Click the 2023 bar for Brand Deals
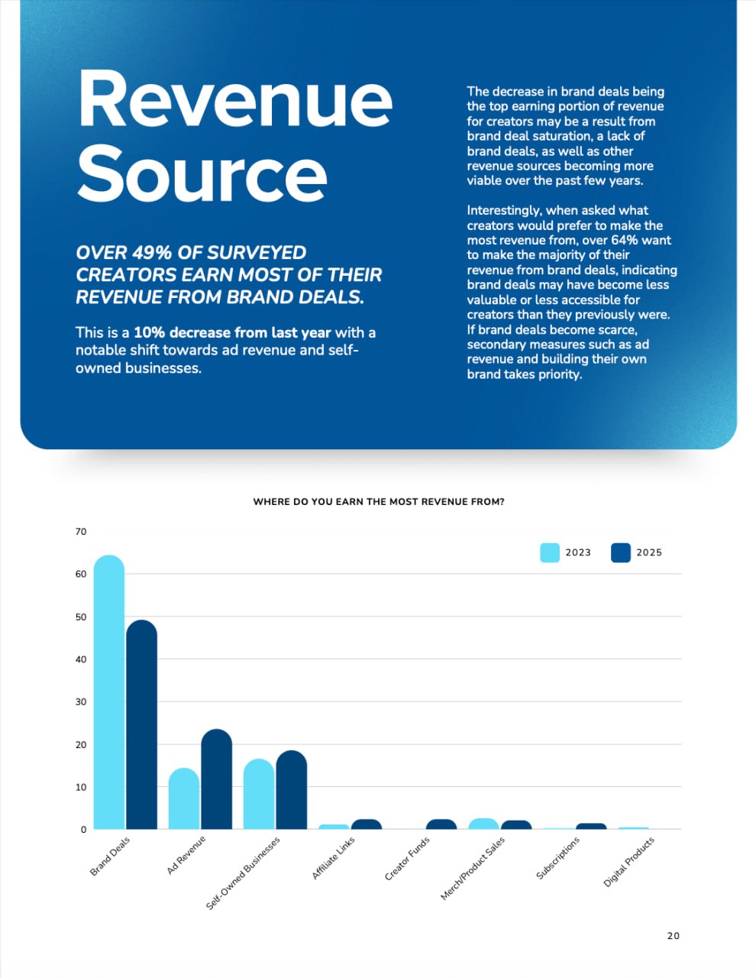[108, 691]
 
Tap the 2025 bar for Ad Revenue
[216, 779]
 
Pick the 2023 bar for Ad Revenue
[183, 798]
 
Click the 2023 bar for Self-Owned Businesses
[258, 795]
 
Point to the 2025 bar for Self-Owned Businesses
[291, 790]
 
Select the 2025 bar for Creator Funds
[441, 824]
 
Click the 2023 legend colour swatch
[550, 552]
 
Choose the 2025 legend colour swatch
[621, 552]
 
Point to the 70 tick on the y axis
[81, 531]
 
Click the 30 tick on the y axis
[81, 701]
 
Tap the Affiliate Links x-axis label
[334, 857]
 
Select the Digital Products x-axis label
[629, 862]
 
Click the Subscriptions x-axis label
[558, 857]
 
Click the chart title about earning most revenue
[378, 502]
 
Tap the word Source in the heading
[202, 175]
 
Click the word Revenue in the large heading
[235, 100]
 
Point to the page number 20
[673, 936]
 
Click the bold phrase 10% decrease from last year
[232, 332]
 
